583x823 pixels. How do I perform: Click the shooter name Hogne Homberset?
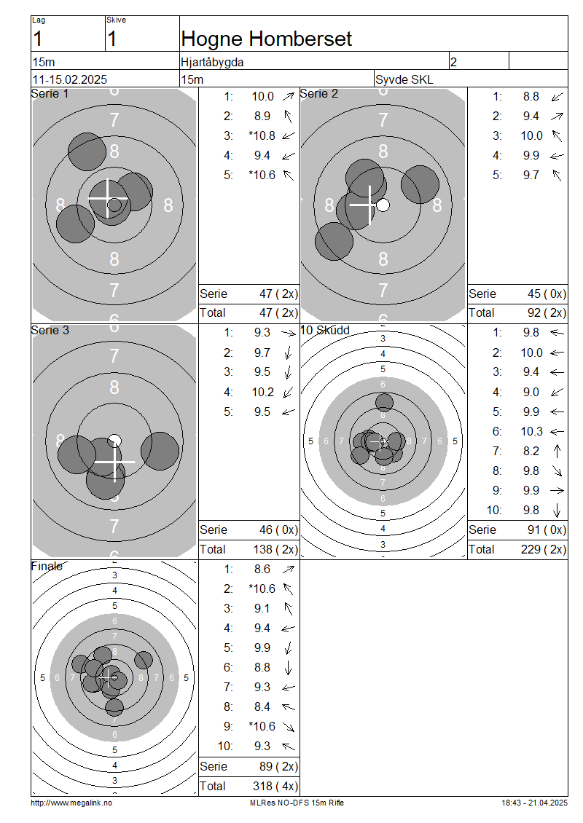[266, 39]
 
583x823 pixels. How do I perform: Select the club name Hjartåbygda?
[212, 63]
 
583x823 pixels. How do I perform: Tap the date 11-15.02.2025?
[70, 80]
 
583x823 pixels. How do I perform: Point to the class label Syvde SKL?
[404, 80]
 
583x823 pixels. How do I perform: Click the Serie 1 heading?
[50, 94]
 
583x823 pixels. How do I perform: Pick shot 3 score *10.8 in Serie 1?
[262, 136]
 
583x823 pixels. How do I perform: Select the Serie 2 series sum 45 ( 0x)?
[547, 294]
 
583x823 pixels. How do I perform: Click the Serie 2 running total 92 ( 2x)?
[547, 313]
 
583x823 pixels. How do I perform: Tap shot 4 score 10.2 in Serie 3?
[263, 393]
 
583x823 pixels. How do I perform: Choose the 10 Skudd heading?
[325, 330]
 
